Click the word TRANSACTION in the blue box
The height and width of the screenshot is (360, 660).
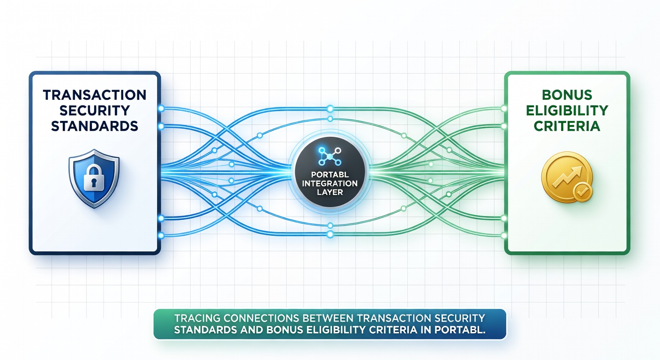click(x=95, y=95)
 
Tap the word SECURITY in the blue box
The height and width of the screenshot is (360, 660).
click(x=95, y=111)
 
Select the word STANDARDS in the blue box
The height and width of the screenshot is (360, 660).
click(x=95, y=126)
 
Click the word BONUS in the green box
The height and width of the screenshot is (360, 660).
click(x=567, y=95)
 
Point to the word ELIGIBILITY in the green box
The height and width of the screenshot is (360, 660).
click(x=567, y=111)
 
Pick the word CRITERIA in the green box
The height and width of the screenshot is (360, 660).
click(x=567, y=126)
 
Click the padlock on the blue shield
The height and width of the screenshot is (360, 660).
click(x=94, y=178)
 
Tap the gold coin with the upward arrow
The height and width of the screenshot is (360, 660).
click(x=567, y=177)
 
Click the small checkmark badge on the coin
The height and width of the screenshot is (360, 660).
click(x=583, y=192)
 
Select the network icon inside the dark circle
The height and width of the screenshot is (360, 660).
click(x=330, y=156)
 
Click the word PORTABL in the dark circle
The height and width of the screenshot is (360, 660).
click(x=330, y=174)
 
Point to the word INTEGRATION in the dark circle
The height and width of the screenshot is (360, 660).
click(x=330, y=183)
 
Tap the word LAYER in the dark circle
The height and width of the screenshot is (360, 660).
click(x=330, y=192)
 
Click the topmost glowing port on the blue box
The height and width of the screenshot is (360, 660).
click(x=161, y=109)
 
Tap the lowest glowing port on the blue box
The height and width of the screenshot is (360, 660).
click(x=161, y=235)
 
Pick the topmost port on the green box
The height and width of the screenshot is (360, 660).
click(x=503, y=109)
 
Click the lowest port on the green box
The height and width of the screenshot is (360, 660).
click(x=503, y=235)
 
